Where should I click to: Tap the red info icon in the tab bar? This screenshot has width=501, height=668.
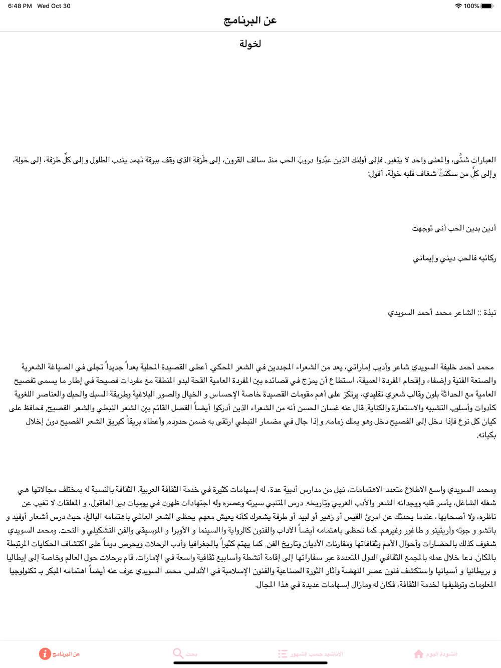[x=45, y=653]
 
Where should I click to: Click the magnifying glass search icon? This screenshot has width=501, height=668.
[x=178, y=653]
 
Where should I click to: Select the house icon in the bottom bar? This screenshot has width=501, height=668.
[x=418, y=653]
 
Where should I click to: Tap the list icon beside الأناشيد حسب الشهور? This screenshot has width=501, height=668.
[x=283, y=653]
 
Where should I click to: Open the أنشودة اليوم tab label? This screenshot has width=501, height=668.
[x=441, y=654]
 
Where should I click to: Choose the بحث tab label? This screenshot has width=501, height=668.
[x=191, y=654]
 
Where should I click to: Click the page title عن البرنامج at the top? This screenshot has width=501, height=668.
[x=250, y=21]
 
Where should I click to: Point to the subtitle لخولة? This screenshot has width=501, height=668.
[x=250, y=44]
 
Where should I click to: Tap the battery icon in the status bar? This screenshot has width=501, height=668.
[x=487, y=6]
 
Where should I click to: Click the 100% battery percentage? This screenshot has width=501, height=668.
[x=471, y=6]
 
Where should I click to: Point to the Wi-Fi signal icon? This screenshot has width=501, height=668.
[x=458, y=6]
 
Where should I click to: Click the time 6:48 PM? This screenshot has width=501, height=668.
[x=20, y=6]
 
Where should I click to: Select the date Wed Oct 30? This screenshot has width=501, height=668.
[x=54, y=6]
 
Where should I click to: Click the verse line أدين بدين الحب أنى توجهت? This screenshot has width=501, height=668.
[x=454, y=228]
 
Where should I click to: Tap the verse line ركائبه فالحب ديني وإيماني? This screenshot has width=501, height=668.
[x=454, y=258]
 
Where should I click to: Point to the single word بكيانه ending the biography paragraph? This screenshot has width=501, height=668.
[x=486, y=435]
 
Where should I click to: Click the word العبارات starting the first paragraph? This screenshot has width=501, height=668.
[x=484, y=160]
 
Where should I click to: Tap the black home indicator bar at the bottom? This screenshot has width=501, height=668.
[x=250, y=663]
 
